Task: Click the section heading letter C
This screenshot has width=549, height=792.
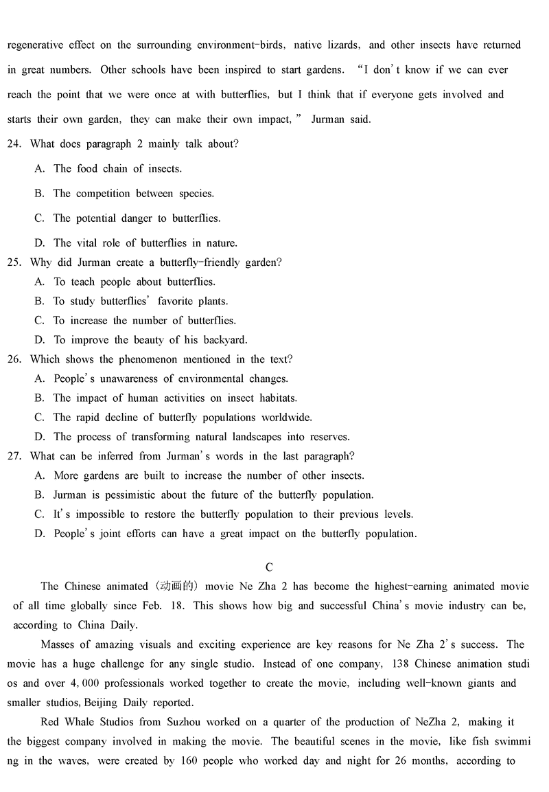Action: tap(269, 567)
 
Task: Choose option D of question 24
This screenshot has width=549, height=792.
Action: tap(40, 243)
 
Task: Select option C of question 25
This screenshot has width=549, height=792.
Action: tap(40, 321)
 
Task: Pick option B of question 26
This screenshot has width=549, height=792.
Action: tap(40, 398)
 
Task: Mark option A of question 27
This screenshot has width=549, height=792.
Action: tap(40, 475)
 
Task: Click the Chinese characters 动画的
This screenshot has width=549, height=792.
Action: tap(176, 587)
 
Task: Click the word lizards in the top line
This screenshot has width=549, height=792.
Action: tap(340, 45)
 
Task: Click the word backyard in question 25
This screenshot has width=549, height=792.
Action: tap(224, 340)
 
